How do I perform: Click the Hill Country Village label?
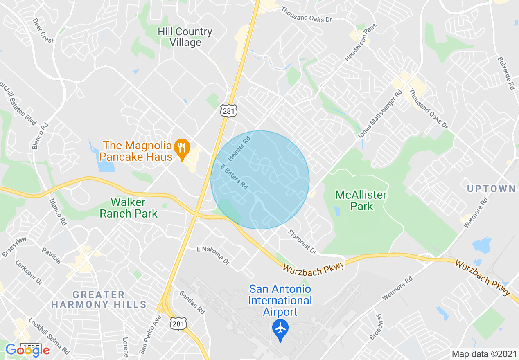(x=185, y=37)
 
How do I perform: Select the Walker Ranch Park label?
(x=129, y=208)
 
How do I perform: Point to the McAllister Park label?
(x=361, y=200)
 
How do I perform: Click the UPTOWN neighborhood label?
(x=491, y=189)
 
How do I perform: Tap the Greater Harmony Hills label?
(x=99, y=299)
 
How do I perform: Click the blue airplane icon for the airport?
(x=280, y=329)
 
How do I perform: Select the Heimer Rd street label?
(x=239, y=148)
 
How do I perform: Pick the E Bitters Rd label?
(x=234, y=177)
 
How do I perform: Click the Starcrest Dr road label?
(x=302, y=242)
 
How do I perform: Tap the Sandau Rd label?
(x=192, y=302)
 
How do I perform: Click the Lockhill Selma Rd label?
(x=49, y=335)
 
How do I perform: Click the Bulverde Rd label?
(x=505, y=73)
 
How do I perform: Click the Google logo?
(x=27, y=350)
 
